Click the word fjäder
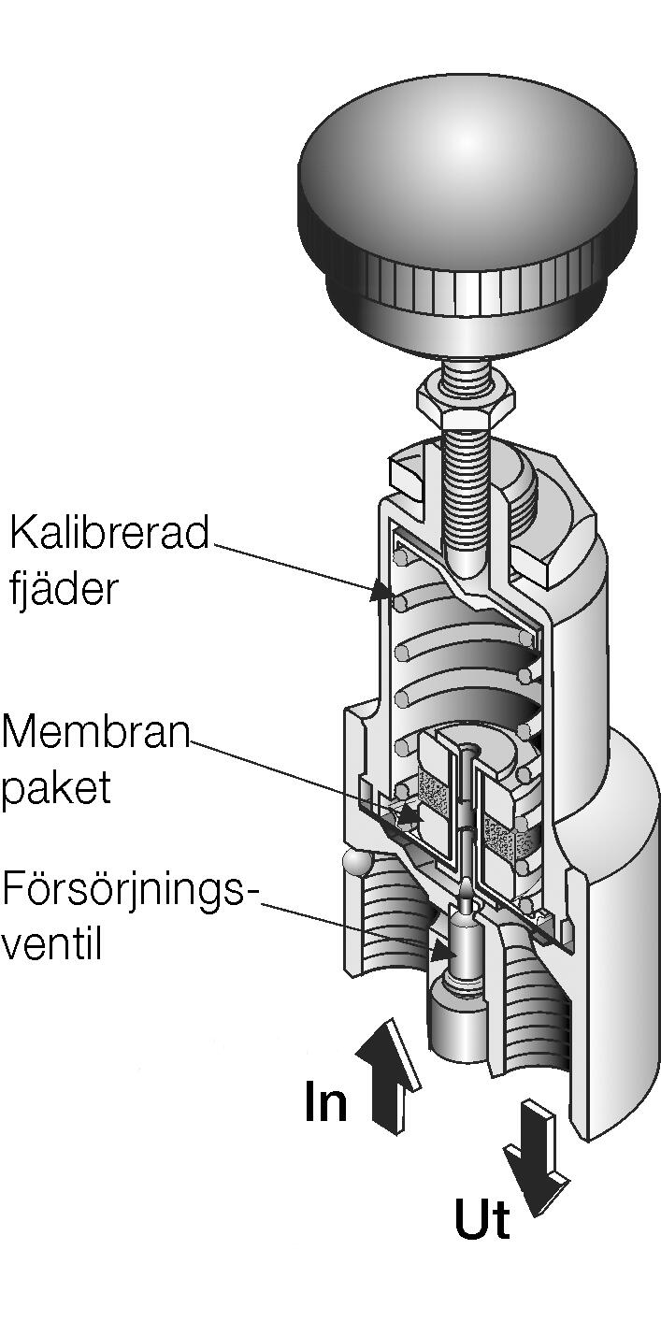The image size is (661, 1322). (x=63, y=590)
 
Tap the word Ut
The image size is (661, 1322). (x=482, y=1220)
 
